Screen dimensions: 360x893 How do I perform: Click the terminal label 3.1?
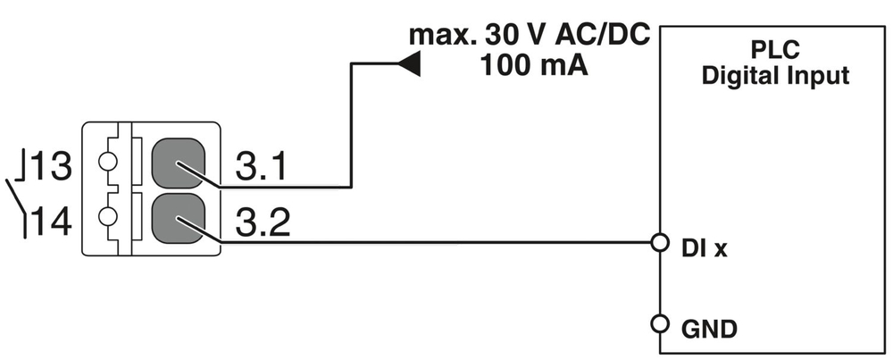click(261, 167)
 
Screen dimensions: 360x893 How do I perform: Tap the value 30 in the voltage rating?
click(498, 38)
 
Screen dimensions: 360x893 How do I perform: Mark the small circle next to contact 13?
click(108, 164)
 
